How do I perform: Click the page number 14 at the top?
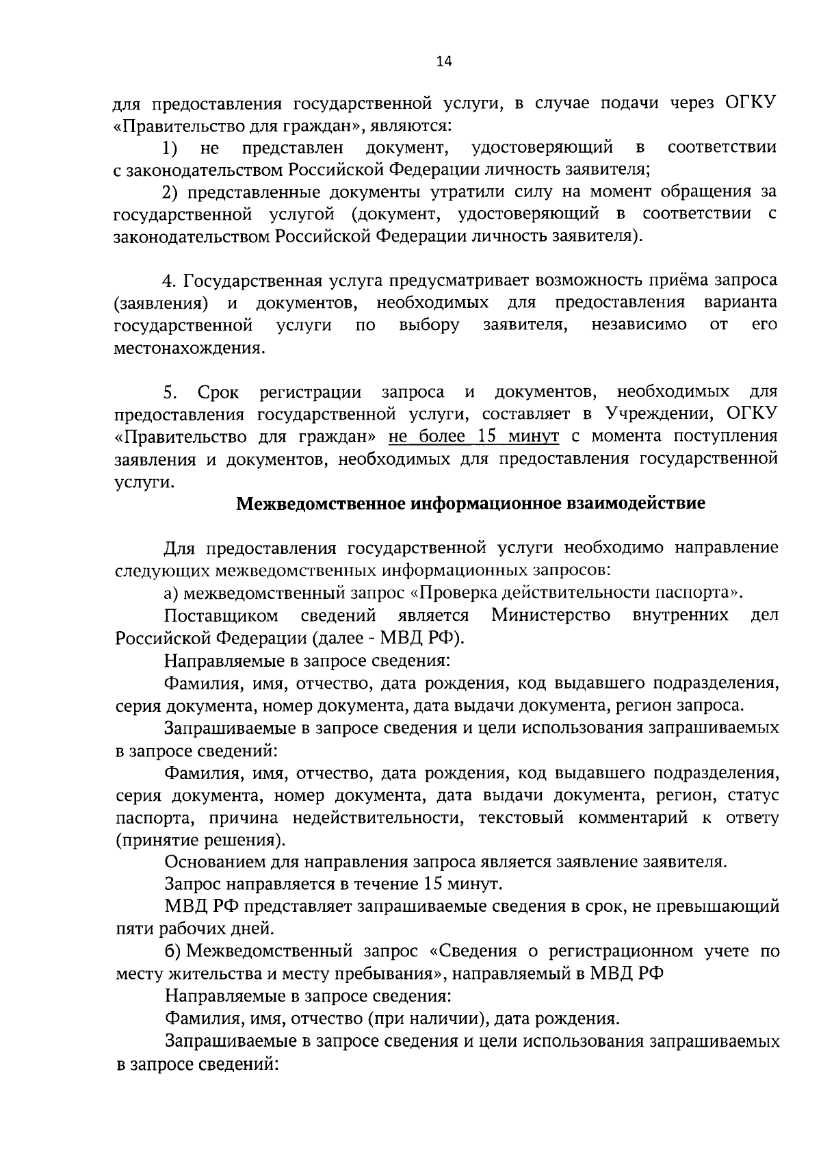tap(444, 62)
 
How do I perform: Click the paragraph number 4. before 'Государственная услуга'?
tap(170, 281)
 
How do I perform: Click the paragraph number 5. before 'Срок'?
tap(170, 392)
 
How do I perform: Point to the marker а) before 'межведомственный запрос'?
tap(172, 593)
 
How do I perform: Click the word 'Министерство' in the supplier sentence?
tap(551, 615)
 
